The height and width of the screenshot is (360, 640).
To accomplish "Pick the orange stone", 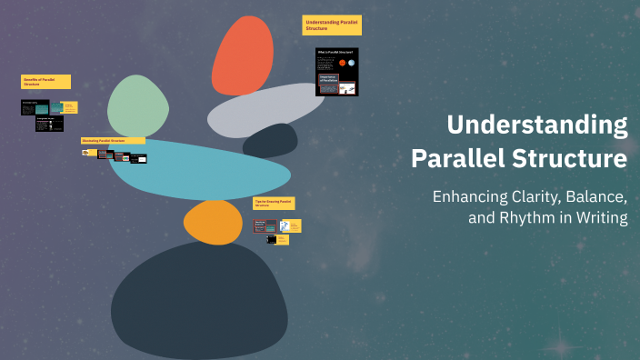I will [x=213, y=222].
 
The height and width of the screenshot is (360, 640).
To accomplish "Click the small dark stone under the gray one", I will [x=271, y=141].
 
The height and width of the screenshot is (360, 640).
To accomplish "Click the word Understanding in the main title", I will [x=536, y=125].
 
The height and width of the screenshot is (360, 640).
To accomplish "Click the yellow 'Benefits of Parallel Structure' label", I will [x=45, y=81].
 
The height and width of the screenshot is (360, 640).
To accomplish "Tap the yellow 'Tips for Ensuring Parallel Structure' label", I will [x=273, y=203].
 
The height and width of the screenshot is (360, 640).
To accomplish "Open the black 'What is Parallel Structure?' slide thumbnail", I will [x=336, y=72].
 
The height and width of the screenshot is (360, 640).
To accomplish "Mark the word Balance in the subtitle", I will [x=600, y=196].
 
